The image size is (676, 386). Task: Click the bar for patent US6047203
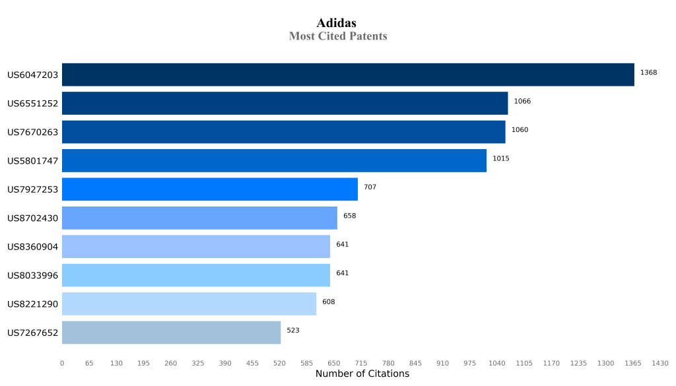(348, 75)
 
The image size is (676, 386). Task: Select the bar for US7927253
(210, 189)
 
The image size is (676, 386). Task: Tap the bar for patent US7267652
(171, 333)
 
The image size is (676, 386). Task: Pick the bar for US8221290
(189, 304)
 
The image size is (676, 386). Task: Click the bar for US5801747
(274, 160)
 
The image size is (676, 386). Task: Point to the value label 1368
(648, 73)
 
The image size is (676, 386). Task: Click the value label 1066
(522, 101)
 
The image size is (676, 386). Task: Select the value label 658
(349, 216)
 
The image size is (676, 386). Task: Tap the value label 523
(292, 330)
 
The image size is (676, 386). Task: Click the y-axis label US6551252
(33, 104)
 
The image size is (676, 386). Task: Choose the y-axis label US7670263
(33, 132)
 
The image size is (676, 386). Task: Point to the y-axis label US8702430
(33, 218)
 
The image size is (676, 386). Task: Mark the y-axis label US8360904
(33, 247)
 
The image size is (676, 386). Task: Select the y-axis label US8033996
(33, 275)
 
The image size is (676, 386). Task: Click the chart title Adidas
(337, 23)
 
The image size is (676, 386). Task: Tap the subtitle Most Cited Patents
(338, 36)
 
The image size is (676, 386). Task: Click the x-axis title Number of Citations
(362, 374)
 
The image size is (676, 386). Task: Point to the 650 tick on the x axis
(334, 363)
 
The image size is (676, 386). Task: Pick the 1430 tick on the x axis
(660, 363)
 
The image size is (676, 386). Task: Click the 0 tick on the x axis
(62, 363)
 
